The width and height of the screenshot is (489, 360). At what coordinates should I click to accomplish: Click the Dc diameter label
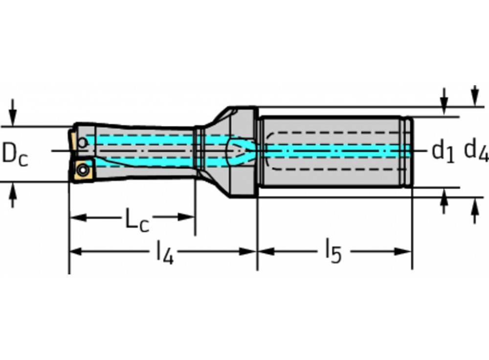pos(15,154)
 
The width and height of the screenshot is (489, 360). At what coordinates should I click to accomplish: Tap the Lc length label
pos(136,221)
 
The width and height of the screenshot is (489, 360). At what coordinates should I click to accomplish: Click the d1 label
pos(443,152)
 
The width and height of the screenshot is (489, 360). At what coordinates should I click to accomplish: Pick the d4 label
pos(475,149)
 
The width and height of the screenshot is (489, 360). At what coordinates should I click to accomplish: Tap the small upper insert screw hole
pos(83,143)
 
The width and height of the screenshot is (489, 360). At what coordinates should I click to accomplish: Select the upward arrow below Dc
pos(13,196)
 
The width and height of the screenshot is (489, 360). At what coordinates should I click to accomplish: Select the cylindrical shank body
pos(333,152)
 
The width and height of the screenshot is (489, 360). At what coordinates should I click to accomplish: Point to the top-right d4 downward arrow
pos(474,95)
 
